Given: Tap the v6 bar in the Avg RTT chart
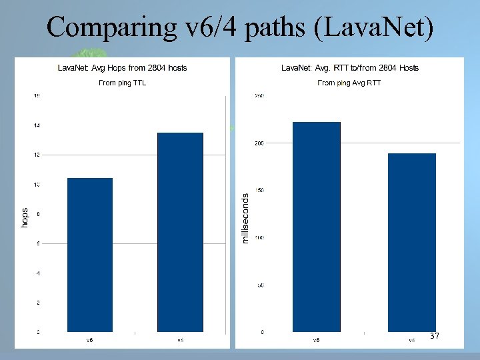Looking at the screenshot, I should [317, 227].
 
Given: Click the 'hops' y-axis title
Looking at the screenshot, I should [25, 217].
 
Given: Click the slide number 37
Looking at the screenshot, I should [435, 336].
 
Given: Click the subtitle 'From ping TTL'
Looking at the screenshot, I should [122, 83].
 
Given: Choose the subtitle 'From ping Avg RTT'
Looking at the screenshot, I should [349, 83].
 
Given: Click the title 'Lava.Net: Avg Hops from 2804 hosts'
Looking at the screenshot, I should [122, 67].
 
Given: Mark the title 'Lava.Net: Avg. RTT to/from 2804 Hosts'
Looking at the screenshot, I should [349, 67].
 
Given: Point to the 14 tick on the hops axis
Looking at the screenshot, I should [37, 125].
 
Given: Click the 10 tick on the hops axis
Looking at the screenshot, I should [37, 184].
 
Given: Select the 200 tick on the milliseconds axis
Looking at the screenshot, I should [259, 143].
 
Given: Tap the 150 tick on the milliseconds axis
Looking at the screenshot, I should [259, 190].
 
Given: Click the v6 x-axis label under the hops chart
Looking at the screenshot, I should [89, 340].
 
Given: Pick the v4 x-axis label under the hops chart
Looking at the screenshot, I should [180, 340].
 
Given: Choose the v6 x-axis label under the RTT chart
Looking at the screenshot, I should [317, 340].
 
